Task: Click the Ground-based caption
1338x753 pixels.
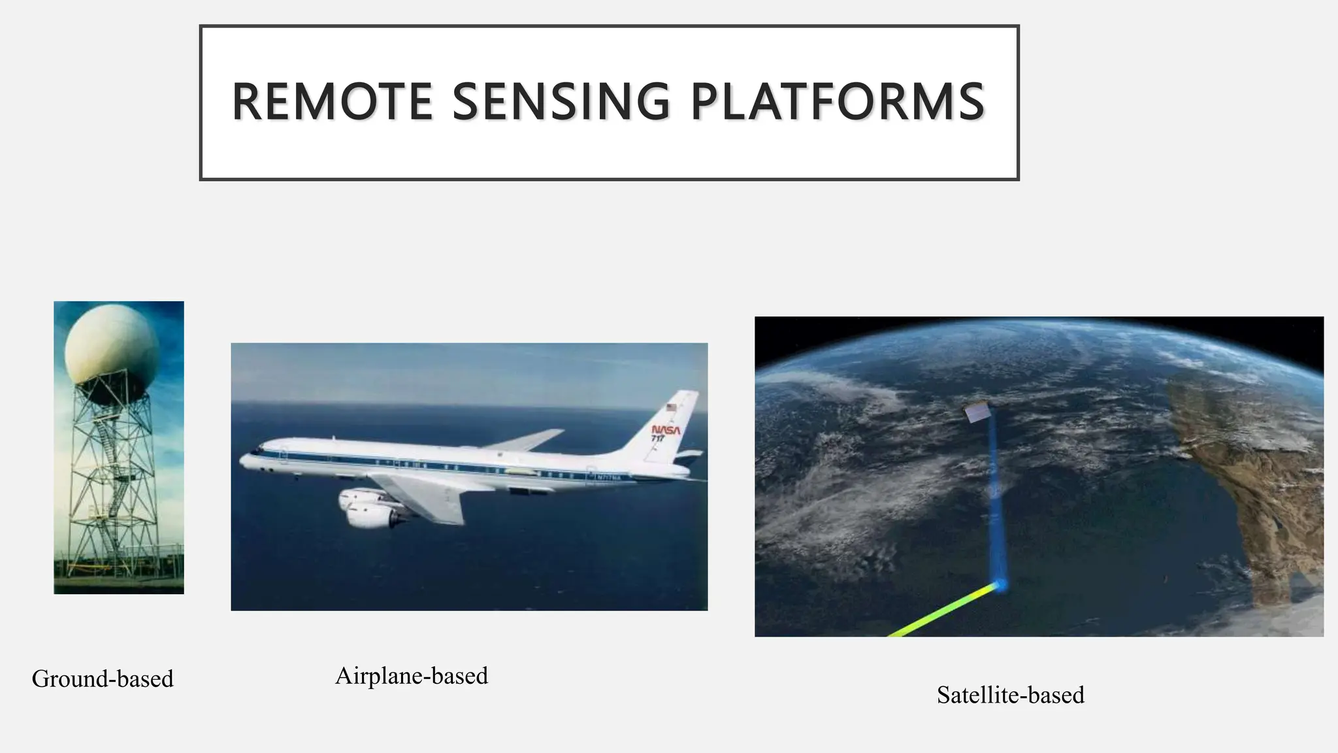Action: point(103,679)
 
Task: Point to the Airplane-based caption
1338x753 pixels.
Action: point(411,676)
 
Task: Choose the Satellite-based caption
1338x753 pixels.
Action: point(1010,695)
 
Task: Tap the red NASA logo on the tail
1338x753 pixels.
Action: point(666,429)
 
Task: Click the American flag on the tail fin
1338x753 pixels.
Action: point(672,407)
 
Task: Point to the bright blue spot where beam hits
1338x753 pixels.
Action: point(1000,584)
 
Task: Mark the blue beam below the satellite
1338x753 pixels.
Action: point(993,497)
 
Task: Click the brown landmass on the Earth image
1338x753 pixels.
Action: point(1241,477)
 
